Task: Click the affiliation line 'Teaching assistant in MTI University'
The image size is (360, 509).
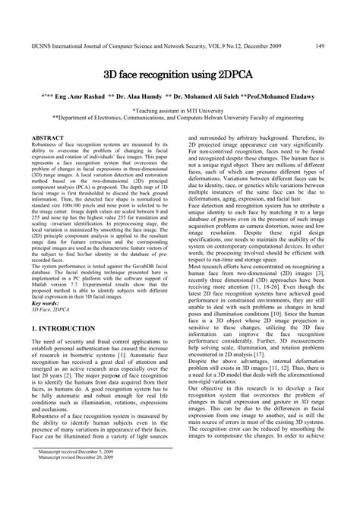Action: (x=180, y=111)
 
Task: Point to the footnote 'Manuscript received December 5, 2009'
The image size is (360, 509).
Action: (x=76, y=472)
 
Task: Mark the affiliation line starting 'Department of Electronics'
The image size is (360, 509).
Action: (x=180, y=119)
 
